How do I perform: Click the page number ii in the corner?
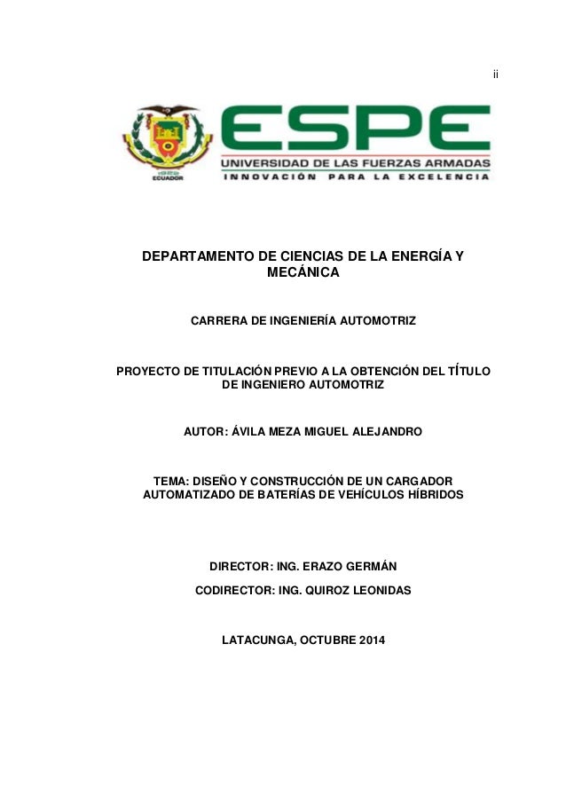click(496, 74)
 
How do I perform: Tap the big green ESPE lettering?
click(355, 130)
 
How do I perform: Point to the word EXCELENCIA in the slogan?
click(443, 177)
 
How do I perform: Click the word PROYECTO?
click(149, 370)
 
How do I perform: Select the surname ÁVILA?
click(250, 432)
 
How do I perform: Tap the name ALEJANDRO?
click(384, 432)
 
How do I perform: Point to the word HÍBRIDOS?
click(429, 494)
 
